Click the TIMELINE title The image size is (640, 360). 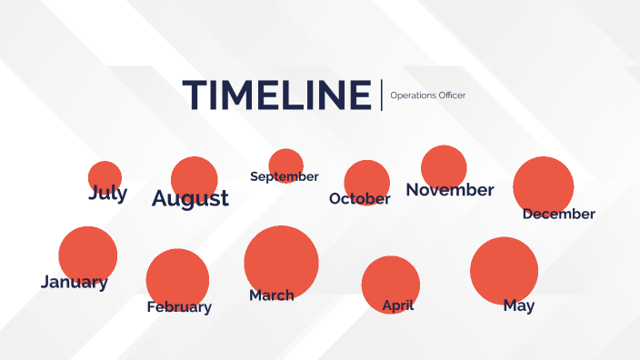pos(276,95)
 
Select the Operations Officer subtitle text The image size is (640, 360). pos(427,95)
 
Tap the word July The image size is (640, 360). pos(107,193)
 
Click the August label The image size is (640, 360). pos(190,198)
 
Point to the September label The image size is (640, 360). pos(284,176)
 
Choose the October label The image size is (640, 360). pos(359,198)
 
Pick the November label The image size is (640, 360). pos(449,190)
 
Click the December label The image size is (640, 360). pos(558,215)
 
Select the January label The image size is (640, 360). pos(74,282)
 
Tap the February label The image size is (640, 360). pos(179,306)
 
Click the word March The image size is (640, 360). pos(271,295)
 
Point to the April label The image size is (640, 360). pos(397,305)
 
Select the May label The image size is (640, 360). pos(518,305)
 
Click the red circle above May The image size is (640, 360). pos(504,268)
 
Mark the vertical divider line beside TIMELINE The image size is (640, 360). pos(382,95)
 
